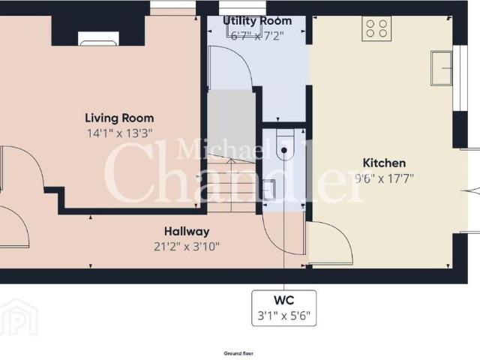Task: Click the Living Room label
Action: (119, 118)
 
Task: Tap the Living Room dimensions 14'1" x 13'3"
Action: (120, 133)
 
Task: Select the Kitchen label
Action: (384, 163)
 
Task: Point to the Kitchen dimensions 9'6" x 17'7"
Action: (384, 178)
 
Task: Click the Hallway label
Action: (187, 232)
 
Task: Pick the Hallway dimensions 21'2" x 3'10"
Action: (187, 247)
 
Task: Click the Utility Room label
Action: (257, 21)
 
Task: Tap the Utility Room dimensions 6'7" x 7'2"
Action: (257, 36)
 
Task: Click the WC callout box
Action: (283, 308)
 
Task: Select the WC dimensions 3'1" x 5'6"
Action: (283, 315)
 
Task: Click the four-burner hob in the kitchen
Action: (376, 28)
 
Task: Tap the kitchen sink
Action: (442, 68)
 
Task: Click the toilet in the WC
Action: (285, 144)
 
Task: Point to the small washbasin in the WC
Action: (269, 190)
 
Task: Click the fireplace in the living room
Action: (98, 38)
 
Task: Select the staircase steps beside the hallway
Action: (232, 183)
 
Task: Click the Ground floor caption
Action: (238, 353)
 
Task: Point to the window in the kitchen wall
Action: (460, 78)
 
